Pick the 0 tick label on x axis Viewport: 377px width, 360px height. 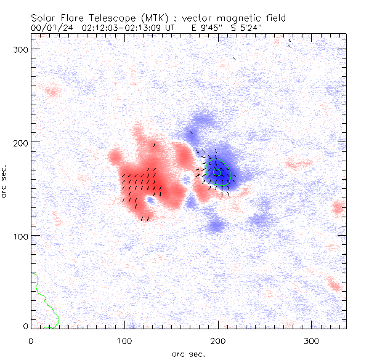pyautogui.click(x=31, y=340)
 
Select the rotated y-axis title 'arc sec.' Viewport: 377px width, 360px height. pyautogui.click(x=4, y=181)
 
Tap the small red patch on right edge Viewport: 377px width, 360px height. pyautogui.click(x=338, y=207)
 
